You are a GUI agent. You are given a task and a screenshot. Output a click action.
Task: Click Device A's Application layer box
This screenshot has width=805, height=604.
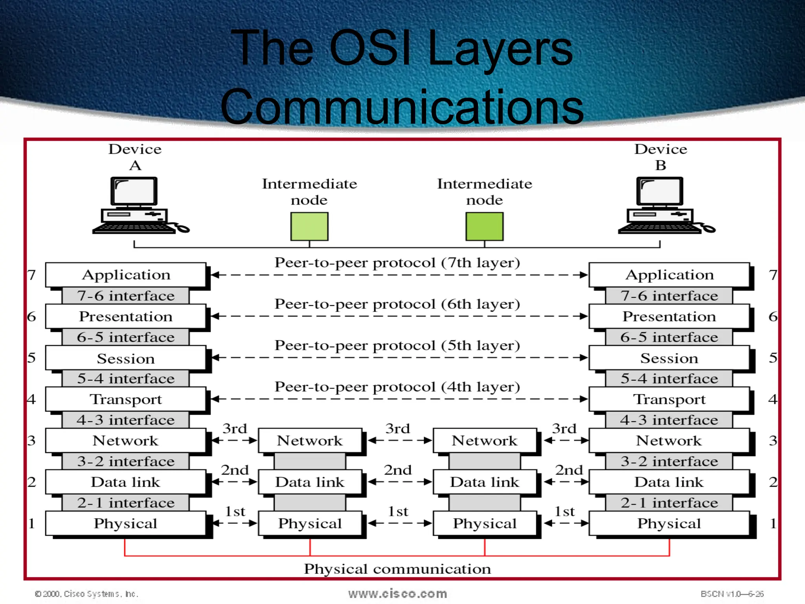coord(126,274)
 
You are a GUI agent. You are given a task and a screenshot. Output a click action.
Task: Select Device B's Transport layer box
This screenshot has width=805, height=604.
coord(669,399)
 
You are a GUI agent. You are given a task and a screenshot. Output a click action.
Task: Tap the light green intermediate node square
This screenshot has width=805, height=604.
coord(309,226)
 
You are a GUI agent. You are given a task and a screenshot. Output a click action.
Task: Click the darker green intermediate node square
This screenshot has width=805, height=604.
coord(484,226)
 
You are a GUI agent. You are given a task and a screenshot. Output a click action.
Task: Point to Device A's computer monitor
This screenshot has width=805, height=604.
coord(134,192)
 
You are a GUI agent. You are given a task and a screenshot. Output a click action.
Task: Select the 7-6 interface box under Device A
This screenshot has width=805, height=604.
coord(126,296)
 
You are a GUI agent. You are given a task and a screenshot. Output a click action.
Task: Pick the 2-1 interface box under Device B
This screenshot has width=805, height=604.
coord(669,503)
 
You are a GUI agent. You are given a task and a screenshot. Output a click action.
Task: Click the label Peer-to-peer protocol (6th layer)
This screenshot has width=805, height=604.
coord(397,304)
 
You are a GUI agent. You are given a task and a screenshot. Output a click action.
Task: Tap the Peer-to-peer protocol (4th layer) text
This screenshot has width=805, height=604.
coord(397,387)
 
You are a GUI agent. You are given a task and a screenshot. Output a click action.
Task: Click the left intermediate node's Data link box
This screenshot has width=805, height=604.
coord(310,482)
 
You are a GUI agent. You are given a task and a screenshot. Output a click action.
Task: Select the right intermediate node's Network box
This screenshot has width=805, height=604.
coord(485,440)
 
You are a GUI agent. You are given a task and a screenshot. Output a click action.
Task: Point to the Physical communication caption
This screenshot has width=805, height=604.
coord(397,569)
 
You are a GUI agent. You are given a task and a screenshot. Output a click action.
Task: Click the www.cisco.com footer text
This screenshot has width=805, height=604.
coord(397,593)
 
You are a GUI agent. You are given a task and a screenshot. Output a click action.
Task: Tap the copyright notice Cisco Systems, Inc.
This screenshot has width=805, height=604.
coord(87,594)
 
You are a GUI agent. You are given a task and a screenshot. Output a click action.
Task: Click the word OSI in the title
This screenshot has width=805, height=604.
coord(370,48)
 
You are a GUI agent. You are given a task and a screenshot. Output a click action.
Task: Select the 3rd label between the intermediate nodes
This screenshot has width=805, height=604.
coord(397,429)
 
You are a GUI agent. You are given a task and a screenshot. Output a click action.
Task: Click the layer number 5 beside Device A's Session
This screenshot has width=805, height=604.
coord(31,358)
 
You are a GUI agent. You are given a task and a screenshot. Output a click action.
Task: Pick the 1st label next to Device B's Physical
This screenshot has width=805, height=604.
coord(564,511)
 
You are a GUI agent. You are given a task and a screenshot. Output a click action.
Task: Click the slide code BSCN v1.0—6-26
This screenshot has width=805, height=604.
coord(732,594)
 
